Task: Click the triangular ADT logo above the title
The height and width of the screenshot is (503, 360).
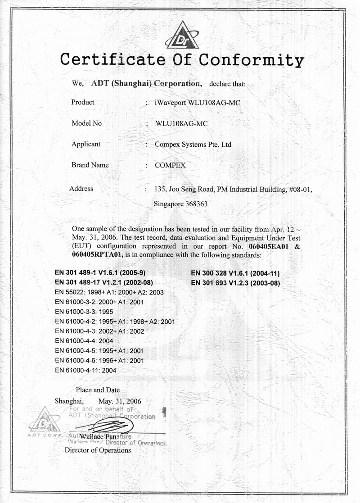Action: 182,36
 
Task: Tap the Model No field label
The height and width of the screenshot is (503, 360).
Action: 86,123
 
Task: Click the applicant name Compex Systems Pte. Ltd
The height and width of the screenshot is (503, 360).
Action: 193,145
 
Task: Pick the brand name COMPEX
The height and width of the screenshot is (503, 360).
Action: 170,165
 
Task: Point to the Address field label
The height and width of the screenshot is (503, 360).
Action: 81,189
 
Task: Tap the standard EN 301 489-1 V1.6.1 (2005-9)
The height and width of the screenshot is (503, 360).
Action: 100,273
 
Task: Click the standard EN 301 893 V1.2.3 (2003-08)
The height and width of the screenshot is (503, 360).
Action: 235,283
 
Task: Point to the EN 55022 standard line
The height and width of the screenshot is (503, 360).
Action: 109,292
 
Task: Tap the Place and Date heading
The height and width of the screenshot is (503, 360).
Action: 98,390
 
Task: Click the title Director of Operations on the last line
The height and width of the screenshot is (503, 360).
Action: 98,450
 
